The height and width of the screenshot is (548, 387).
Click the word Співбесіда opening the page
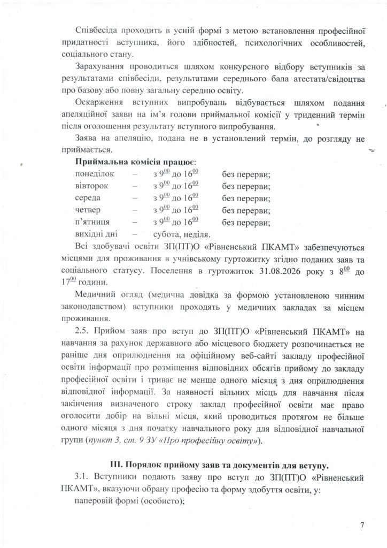tap(97, 29)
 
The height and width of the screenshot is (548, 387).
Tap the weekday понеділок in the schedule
tap(96, 175)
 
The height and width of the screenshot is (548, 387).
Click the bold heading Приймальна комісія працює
tap(136, 162)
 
